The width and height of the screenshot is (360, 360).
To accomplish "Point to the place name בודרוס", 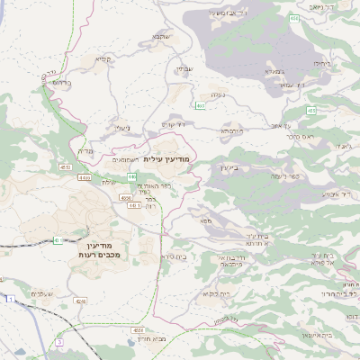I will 62,82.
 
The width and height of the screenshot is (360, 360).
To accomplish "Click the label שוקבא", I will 160,37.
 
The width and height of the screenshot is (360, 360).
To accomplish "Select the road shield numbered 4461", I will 133,205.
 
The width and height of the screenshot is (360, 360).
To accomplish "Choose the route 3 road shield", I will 59,342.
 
